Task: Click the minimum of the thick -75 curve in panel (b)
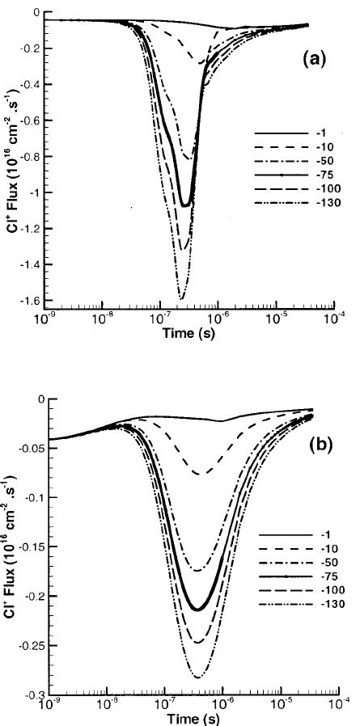tap(197, 610)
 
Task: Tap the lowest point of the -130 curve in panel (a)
tap(180, 299)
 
